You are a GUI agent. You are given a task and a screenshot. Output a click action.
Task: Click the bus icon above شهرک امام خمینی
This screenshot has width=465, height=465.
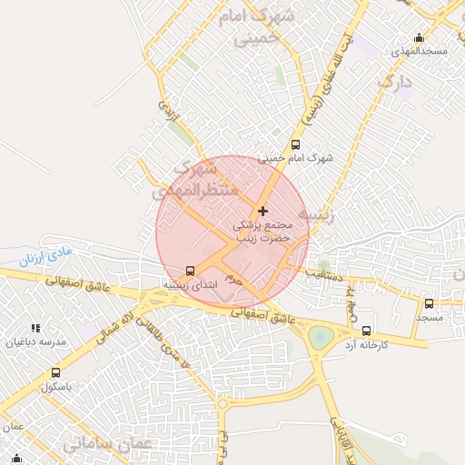click(x=295, y=144)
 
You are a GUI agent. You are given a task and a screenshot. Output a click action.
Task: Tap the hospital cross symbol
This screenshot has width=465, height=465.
click(x=263, y=211)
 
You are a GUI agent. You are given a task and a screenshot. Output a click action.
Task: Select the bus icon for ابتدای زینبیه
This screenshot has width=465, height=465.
click(x=190, y=271)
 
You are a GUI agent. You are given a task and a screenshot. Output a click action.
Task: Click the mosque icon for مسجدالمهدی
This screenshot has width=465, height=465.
click(x=419, y=38)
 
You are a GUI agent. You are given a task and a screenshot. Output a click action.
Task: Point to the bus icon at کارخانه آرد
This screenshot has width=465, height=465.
click(x=366, y=331)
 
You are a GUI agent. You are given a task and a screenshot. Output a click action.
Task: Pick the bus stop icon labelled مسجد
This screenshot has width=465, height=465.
click(x=429, y=304)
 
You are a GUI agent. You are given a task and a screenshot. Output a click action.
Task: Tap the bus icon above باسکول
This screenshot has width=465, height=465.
click(x=56, y=372)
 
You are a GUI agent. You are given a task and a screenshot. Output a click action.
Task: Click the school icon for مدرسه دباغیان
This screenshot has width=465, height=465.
click(x=35, y=328)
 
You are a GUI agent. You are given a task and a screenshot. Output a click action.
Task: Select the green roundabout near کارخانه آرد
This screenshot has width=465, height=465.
click(x=321, y=338)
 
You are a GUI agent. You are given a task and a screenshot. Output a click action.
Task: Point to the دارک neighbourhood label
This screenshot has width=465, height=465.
click(x=395, y=84)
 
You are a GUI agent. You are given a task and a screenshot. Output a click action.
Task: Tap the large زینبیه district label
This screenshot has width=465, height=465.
click(x=323, y=216)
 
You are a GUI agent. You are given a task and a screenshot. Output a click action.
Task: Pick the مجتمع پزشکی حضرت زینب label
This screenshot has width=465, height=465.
click(x=262, y=230)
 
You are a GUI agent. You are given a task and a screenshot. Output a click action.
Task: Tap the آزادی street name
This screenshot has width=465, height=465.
click(x=168, y=111)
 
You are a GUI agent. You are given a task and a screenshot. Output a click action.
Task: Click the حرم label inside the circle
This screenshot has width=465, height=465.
click(x=234, y=278)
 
